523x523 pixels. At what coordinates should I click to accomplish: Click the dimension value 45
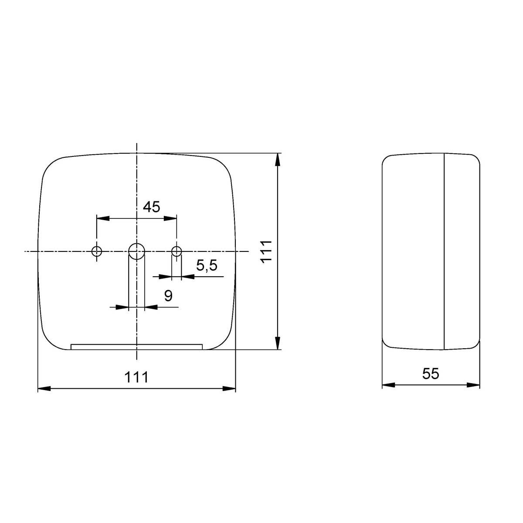(x=151, y=207)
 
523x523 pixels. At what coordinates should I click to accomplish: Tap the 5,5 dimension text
(x=207, y=265)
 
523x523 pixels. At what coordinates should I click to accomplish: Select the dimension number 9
(x=168, y=296)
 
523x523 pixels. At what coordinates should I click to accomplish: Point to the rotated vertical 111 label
(x=266, y=251)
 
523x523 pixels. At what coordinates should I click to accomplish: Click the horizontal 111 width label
(x=136, y=377)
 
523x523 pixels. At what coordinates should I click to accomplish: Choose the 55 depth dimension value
(x=431, y=374)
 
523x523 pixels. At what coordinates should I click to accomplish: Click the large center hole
(x=136, y=251)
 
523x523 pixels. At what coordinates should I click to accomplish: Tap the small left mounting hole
(x=97, y=251)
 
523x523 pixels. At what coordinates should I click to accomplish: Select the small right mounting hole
(x=177, y=251)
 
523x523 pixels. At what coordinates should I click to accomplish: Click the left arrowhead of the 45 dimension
(x=103, y=218)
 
